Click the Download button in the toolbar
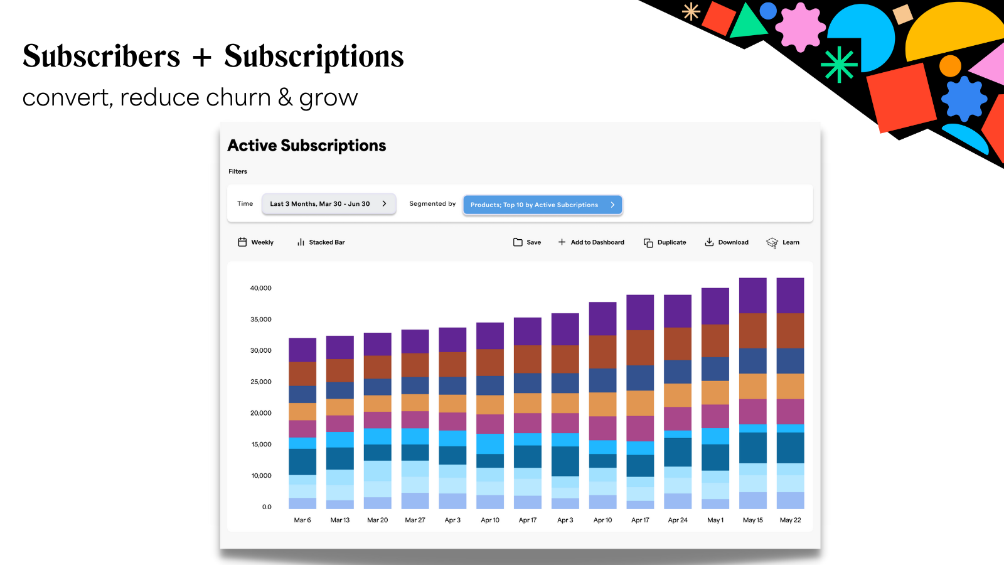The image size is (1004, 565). point(727,242)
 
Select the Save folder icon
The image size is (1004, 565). point(518,242)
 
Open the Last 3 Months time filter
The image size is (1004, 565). point(328,204)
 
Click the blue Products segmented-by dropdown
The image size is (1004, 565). point(542,205)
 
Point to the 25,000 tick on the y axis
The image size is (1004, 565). point(261,382)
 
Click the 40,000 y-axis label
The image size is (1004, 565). point(261,288)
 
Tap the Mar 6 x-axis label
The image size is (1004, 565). point(302,520)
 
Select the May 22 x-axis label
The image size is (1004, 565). point(790,520)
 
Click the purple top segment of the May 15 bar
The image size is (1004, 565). point(752,295)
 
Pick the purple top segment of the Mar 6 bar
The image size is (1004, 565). point(302,350)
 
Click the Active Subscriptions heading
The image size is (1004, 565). point(307,146)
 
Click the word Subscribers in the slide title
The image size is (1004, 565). point(102,56)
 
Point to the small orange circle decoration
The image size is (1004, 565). point(950,66)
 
